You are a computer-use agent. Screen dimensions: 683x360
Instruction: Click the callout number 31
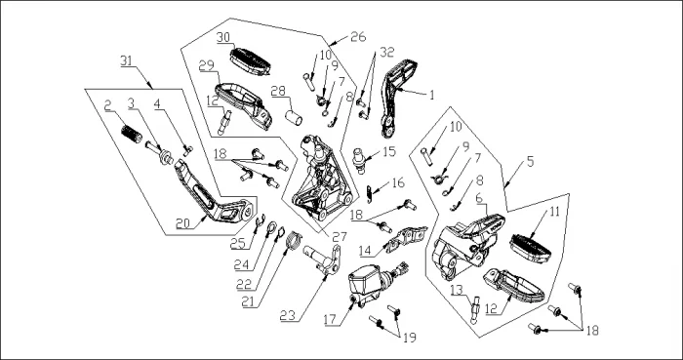tap(126, 60)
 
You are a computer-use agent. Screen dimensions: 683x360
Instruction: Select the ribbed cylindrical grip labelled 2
tap(131, 134)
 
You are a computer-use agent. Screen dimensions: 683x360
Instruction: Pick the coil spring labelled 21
tap(294, 240)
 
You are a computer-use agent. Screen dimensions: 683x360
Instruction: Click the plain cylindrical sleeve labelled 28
tap(294, 117)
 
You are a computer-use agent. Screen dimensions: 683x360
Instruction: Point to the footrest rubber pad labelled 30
tap(250, 61)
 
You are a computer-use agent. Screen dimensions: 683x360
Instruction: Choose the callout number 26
tap(358, 37)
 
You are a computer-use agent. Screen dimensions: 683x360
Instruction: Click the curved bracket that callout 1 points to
tap(398, 98)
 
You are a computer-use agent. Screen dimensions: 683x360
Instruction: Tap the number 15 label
tap(389, 152)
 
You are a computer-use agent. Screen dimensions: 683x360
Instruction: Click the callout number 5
tap(530, 162)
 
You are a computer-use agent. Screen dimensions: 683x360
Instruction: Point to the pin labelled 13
tap(475, 309)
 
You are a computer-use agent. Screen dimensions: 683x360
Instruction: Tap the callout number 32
tap(386, 53)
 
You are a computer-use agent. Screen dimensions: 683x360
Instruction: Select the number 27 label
tap(340, 237)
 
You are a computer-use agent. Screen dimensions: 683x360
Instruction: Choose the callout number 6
tap(479, 198)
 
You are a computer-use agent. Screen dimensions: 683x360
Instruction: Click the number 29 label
tap(206, 65)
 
